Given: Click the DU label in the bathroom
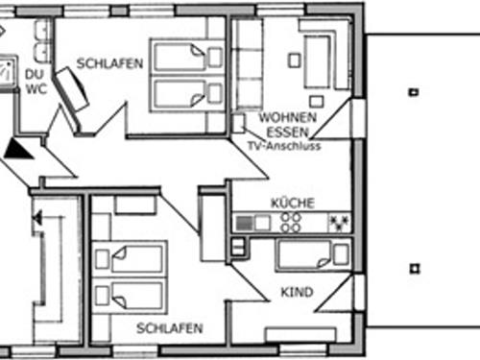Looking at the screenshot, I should (x=35, y=72).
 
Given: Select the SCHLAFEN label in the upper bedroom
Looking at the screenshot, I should (x=111, y=64).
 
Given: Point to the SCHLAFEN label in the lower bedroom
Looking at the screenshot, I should (x=169, y=328).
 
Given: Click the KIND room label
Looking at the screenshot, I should (x=298, y=291).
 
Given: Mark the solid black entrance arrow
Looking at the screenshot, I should (x=18, y=148).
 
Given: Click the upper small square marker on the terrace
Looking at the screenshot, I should (x=413, y=92).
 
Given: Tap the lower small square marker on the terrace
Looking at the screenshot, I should (x=413, y=269).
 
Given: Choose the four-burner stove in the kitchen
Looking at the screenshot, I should (x=290, y=223).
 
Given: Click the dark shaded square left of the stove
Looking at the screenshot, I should (x=246, y=223).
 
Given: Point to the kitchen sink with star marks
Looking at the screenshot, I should (x=338, y=223).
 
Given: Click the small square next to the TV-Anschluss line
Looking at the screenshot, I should (x=238, y=123).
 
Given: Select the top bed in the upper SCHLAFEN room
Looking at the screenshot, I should (x=182, y=57).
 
